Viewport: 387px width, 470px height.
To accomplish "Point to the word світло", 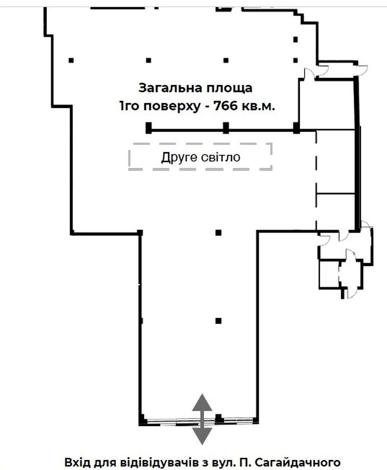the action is [x=221, y=157].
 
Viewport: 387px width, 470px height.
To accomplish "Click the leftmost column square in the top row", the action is [x=71, y=60].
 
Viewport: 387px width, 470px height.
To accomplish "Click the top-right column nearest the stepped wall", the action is [x=295, y=39].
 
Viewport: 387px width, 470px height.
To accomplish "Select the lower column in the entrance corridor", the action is [x=219, y=321].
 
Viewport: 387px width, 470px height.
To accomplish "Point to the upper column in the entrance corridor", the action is [x=219, y=233].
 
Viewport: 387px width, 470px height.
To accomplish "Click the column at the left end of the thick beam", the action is [x=149, y=128].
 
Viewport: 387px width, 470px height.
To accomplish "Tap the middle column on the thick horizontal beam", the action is [x=226, y=128].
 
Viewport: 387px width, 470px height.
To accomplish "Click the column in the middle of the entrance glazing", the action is [x=219, y=418].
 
